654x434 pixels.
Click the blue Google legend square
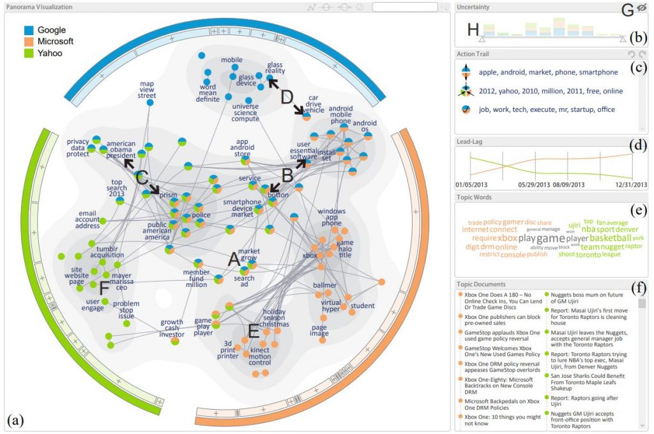28,30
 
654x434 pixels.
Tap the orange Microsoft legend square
28,42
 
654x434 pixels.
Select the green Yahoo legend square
28,53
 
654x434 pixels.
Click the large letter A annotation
234,260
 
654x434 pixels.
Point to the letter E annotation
253,330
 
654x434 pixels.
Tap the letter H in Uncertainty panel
473,29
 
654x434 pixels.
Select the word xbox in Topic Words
507,238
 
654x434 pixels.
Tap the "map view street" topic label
147,89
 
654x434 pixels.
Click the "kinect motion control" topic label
260,357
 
